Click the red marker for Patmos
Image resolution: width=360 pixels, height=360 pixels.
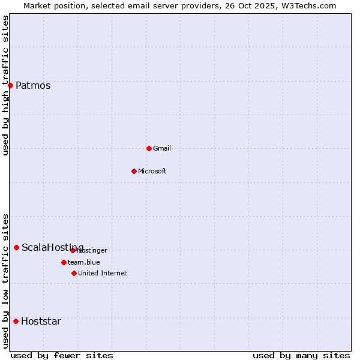pyautogui.click(x=10, y=85)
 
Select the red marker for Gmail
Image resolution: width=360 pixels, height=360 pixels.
pyautogui.click(x=149, y=148)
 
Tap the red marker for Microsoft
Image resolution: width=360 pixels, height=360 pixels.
pyautogui.click(x=134, y=171)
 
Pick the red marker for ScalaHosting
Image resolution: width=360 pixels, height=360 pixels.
pyautogui.click(x=16, y=247)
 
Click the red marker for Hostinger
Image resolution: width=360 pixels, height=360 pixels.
pyautogui.click(x=73, y=250)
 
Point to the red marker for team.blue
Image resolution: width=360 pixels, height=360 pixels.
pyautogui.click(x=64, y=262)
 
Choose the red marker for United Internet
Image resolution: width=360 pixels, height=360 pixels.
pyautogui.click(x=74, y=273)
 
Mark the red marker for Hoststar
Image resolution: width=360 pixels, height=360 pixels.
pyautogui.click(x=16, y=321)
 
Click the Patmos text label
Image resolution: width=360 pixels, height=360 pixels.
pyautogui.click(x=33, y=85)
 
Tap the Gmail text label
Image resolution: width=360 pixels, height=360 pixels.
pyautogui.click(x=162, y=148)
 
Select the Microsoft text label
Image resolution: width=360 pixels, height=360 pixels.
pyautogui.click(x=152, y=171)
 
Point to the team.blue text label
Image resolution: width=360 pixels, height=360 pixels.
pyautogui.click(x=83, y=262)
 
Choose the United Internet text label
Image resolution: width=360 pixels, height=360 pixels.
pyautogui.click(x=102, y=273)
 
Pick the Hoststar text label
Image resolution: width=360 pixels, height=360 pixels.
pyautogui.click(x=41, y=321)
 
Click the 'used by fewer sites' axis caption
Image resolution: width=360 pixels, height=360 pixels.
pyautogui.click(x=62, y=355)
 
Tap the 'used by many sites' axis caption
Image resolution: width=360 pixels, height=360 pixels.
pyautogui.click(x=301, y=355)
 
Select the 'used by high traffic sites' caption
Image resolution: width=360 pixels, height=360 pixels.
pyautogui.click(x=5, y=85)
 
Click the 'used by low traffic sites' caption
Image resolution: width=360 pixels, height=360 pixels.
pyautogui.click(x=5, y=281)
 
